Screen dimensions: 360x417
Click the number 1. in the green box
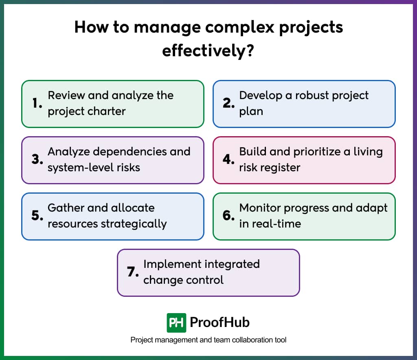click(37, 104)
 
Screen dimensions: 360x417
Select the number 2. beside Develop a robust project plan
click(229, 104)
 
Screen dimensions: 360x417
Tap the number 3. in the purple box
click(37, 160)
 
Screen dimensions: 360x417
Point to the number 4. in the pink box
click(229, 160)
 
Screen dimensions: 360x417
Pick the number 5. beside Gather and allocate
click(37, 216)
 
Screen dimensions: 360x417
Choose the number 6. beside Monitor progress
click(229, 216)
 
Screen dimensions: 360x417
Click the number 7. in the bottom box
click(133, 272)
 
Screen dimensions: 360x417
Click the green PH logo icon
click(176, 323)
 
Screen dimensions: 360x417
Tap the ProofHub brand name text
click(219, 323)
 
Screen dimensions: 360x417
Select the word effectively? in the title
click(208, 51)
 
